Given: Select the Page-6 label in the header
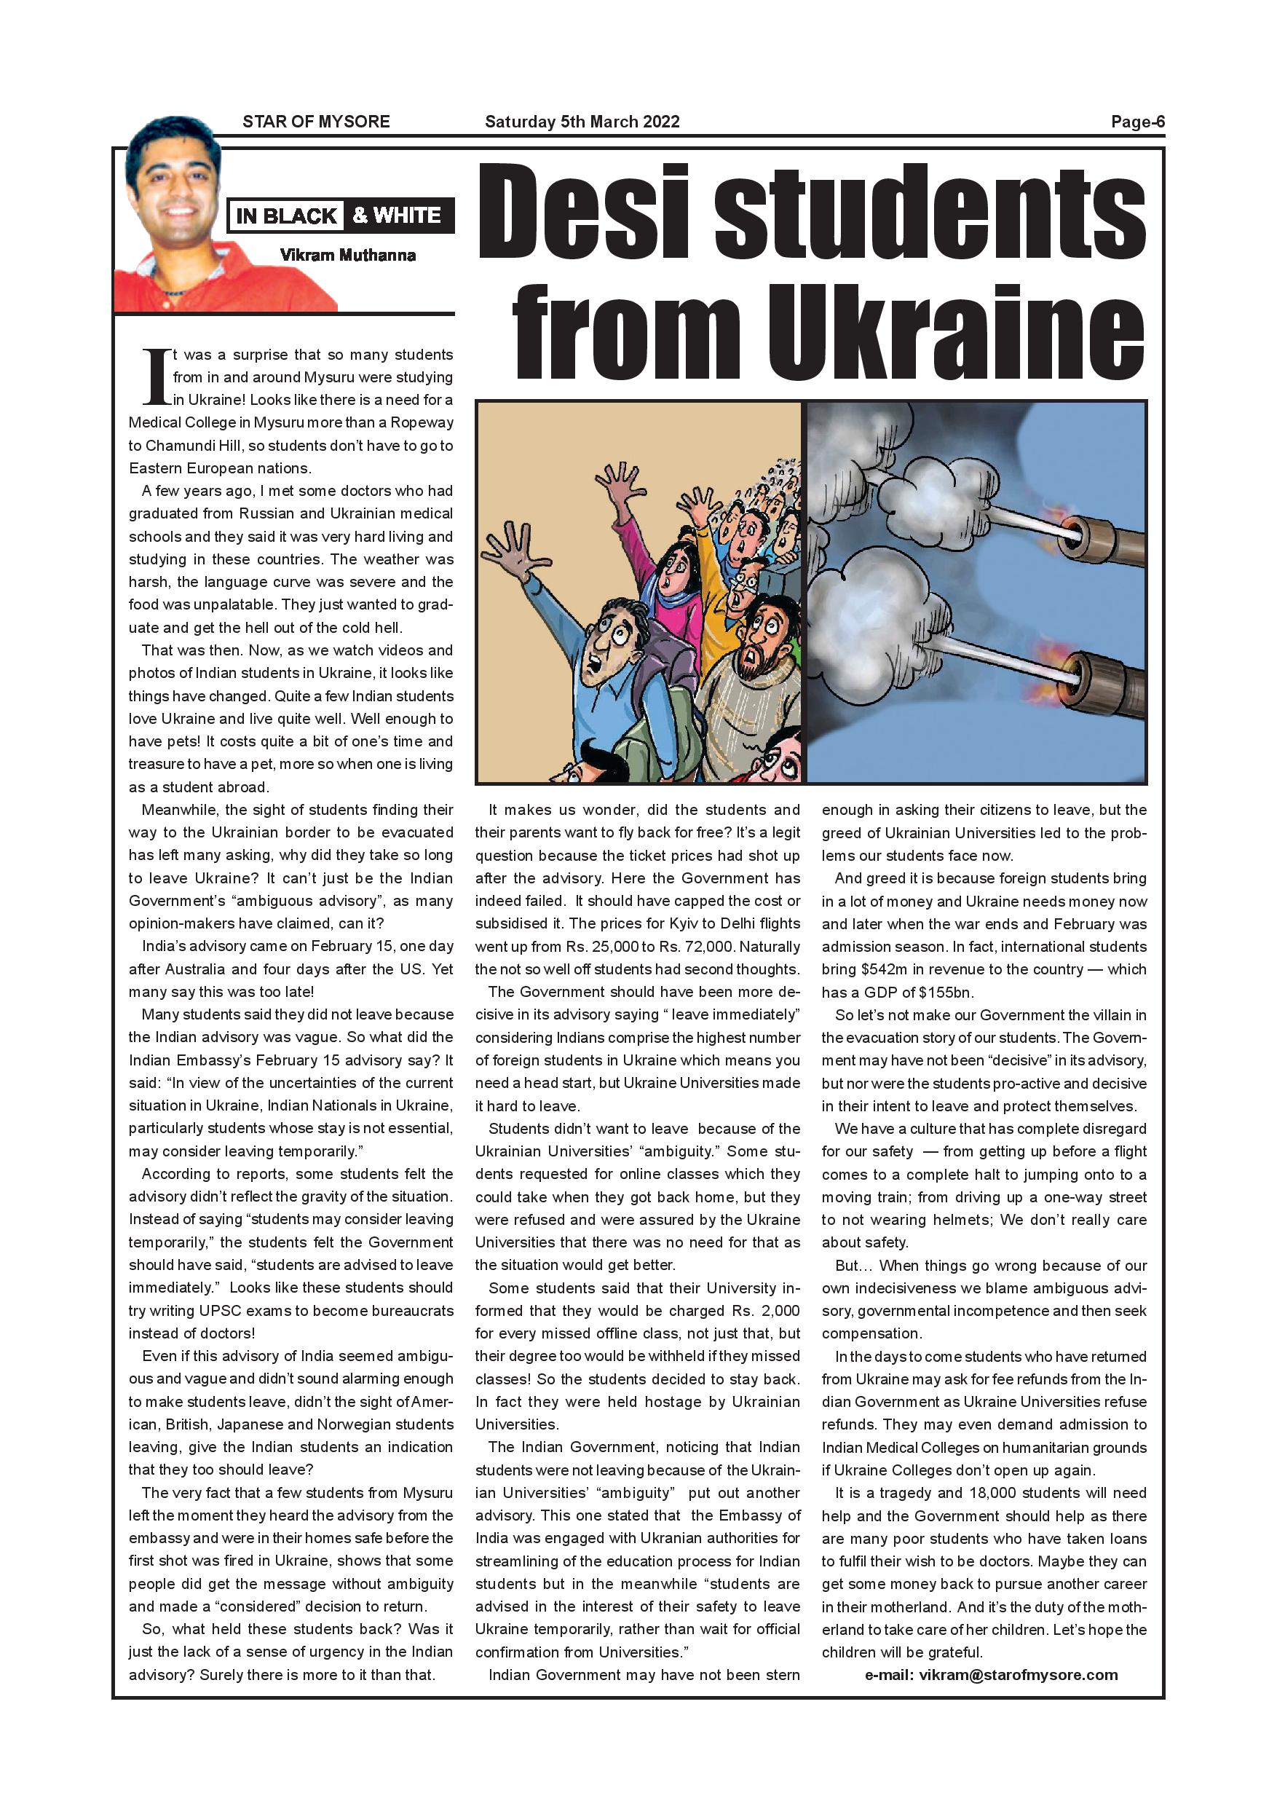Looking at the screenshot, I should [1137, 122].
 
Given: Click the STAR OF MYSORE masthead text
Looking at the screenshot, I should [316, 122].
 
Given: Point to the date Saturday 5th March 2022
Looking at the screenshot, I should [582, 122].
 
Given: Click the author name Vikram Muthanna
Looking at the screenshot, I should [347, 255].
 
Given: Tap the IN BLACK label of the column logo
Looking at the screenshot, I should [286, 216].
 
